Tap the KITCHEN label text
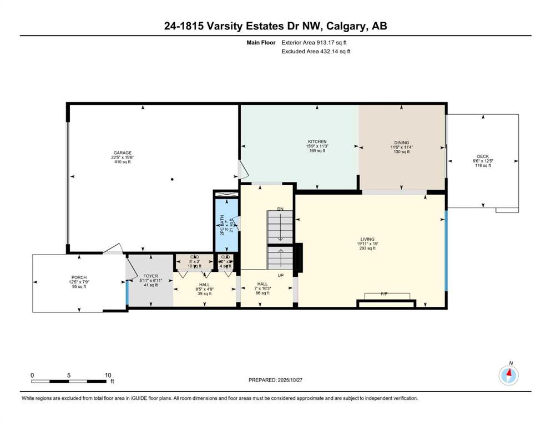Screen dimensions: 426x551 317,142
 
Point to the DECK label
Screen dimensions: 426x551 483,156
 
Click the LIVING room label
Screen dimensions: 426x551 367,240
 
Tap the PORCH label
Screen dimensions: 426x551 79,277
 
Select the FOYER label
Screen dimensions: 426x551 150,276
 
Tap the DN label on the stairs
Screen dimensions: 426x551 281,209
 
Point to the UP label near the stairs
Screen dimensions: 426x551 281,275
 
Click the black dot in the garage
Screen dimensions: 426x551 173,179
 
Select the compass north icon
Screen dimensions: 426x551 508,375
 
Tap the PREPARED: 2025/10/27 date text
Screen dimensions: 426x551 276,380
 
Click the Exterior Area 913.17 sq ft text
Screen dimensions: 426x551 316,42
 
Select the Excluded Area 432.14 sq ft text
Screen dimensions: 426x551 316,51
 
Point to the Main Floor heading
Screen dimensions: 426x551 262,42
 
